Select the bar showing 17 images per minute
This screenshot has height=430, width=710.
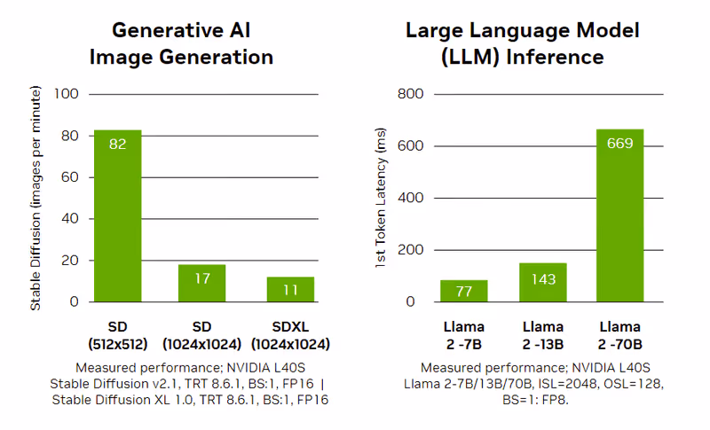pos(202,283)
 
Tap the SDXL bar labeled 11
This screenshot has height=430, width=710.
pos(290,289)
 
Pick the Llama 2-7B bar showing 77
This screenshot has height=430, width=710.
pos(463,291)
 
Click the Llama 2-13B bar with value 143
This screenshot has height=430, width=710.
pos(542,282)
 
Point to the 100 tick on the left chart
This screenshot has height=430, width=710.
pos(67,94)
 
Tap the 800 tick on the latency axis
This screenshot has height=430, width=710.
pos(411,94)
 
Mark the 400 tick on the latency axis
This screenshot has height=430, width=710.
pos(411,198)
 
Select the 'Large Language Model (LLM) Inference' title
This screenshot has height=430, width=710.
pos(522,43)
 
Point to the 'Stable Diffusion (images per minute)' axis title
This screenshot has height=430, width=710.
pos(36,198)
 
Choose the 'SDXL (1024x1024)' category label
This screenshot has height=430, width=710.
pos(290,335)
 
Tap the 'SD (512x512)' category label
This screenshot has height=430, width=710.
pos(117,335)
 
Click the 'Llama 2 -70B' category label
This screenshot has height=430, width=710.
pos(619,335)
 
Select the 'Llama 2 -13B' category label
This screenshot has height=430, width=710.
pos(542,335)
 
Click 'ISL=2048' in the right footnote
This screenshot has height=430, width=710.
pos(568,383)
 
